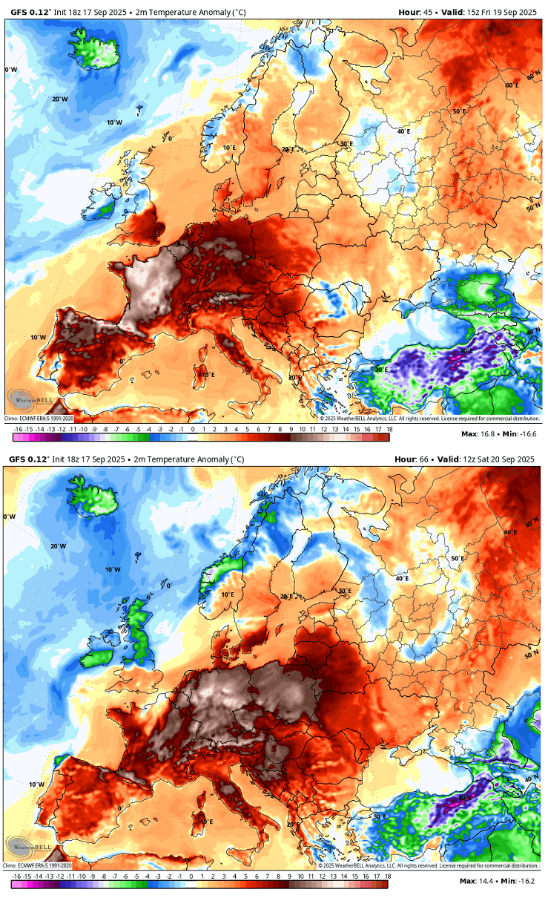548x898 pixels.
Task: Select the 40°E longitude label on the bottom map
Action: (401, 577)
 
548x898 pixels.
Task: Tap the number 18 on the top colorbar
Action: (389, 429)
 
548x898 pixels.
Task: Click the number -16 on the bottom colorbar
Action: (16, 876)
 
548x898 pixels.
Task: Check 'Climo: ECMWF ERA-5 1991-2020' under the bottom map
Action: (39, 865)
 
